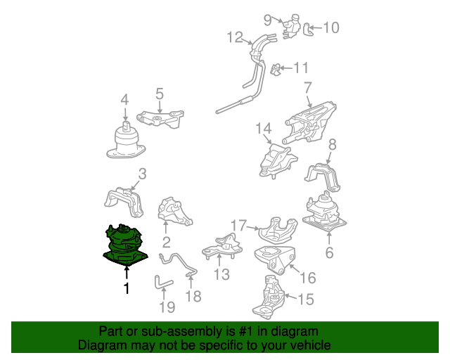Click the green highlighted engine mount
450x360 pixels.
[x=125, y=245]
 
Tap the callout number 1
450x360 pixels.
[x=127, y=288]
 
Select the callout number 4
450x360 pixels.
[x=124, y=100]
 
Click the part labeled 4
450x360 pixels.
[x=126, y=140]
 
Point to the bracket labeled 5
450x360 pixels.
[x=160, y=119]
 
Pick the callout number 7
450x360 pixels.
[x=307, y=88]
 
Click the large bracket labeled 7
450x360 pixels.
[x=309, y=122]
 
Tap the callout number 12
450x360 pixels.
[x=235, y=37]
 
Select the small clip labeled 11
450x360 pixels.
[x=276, y=69]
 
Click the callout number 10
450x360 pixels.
[x=331, y=27]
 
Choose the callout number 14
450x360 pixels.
[x=263, y=129]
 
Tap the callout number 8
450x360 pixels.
[x=333, y=144]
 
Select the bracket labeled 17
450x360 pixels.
[x=278, y=230]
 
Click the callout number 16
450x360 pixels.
[x=308, y=278]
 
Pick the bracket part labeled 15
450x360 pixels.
[x=269, y=297]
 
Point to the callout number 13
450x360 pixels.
[x=221, y=274]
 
